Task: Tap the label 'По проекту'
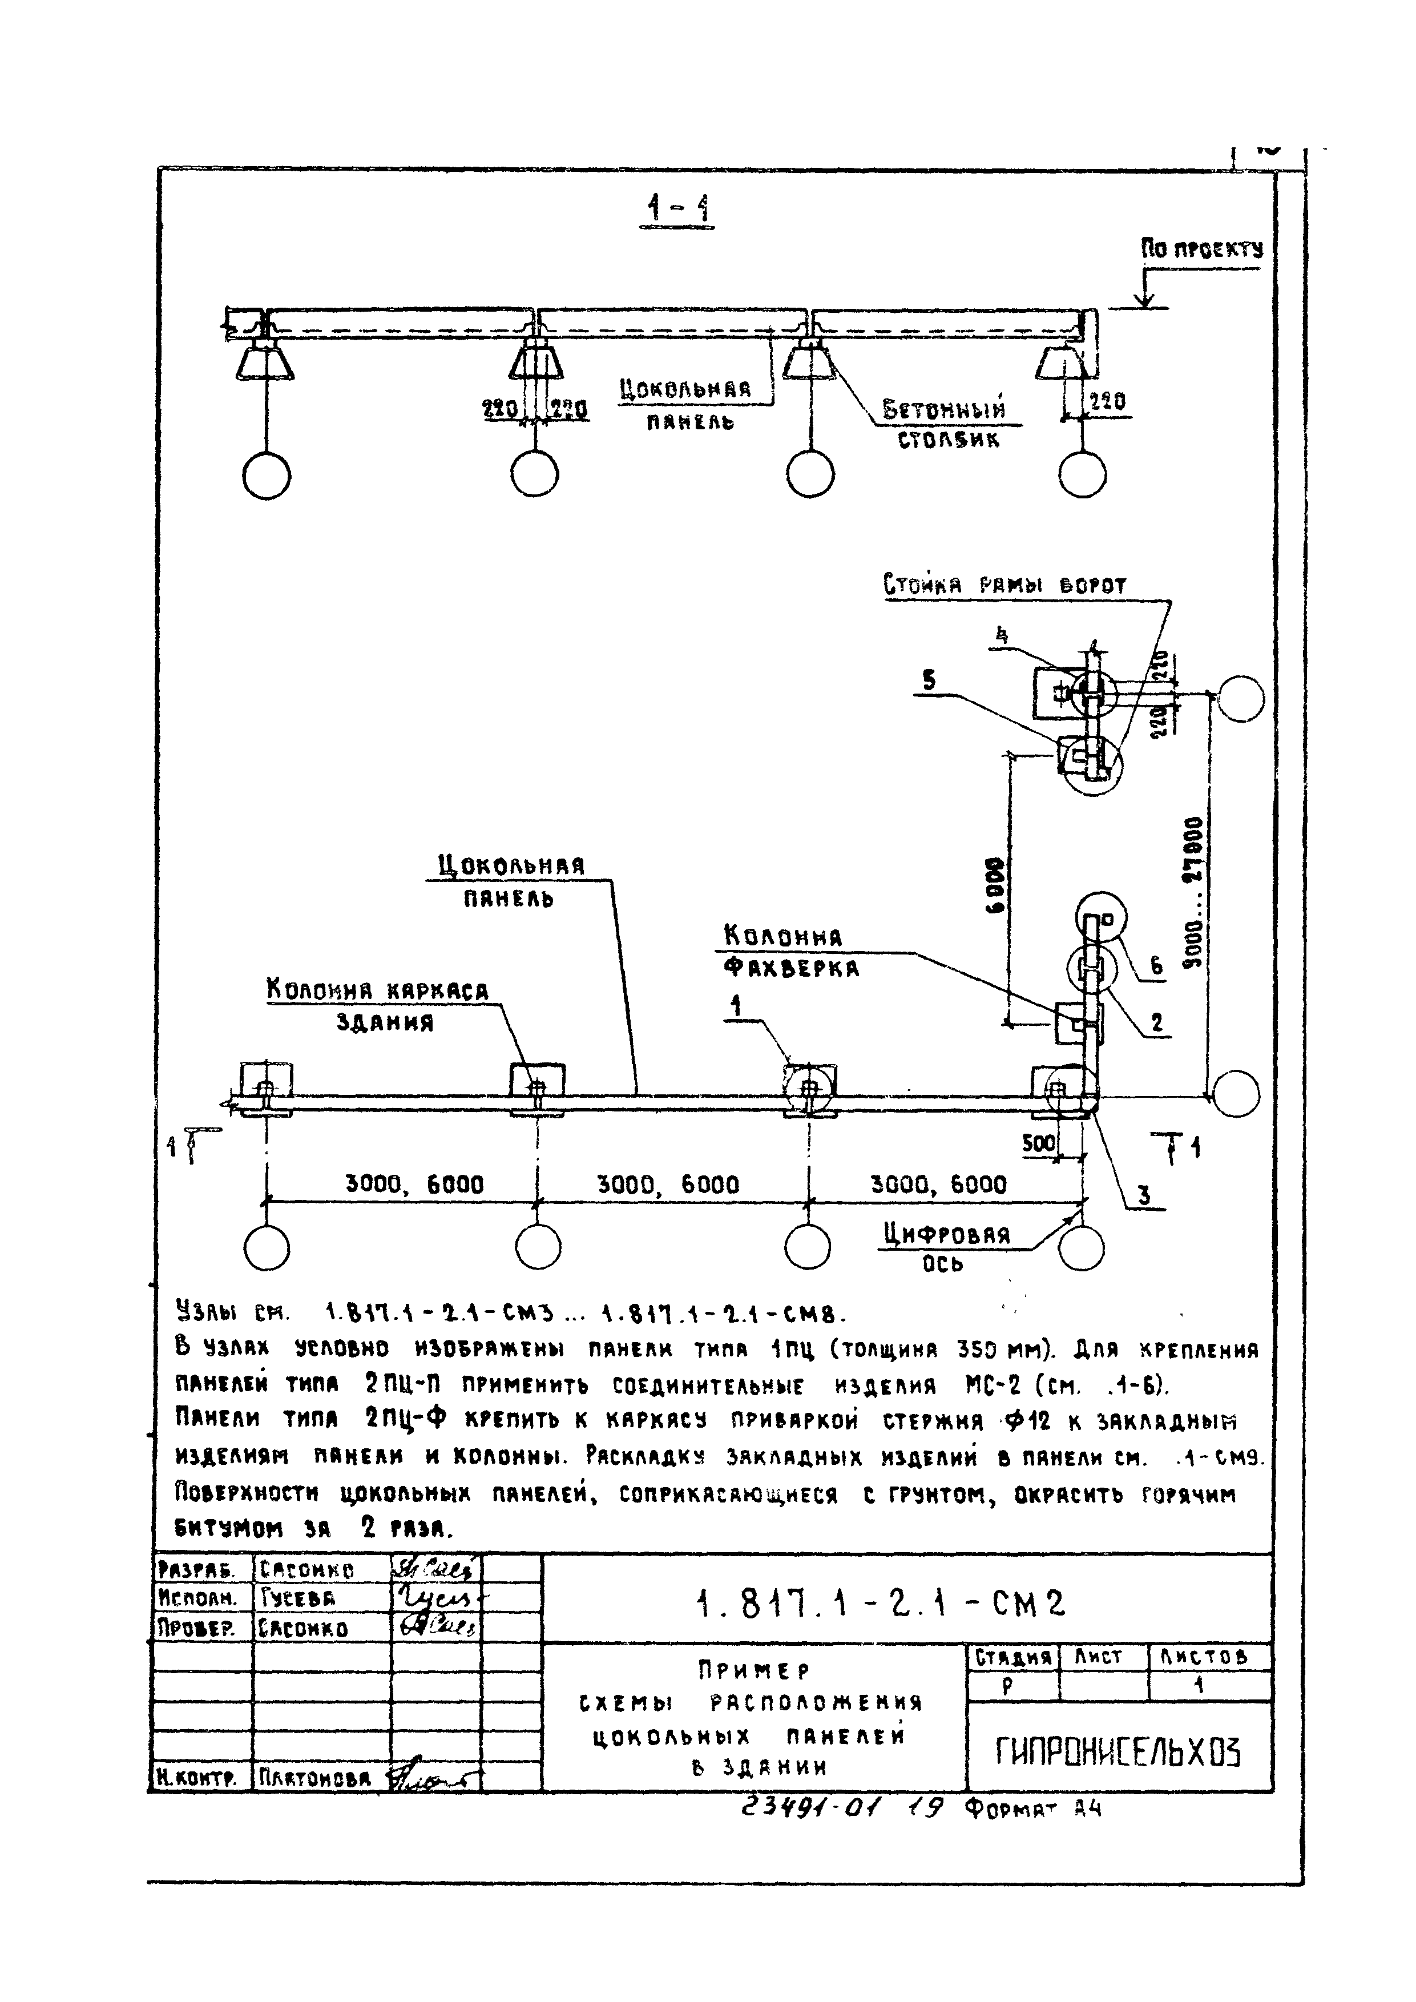click(x=1201, y=250)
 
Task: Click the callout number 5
click(x=930, y=680)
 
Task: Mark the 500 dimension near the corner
click(x=1039, y=1143)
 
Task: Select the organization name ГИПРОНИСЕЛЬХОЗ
click(x=1118, y=1750)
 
